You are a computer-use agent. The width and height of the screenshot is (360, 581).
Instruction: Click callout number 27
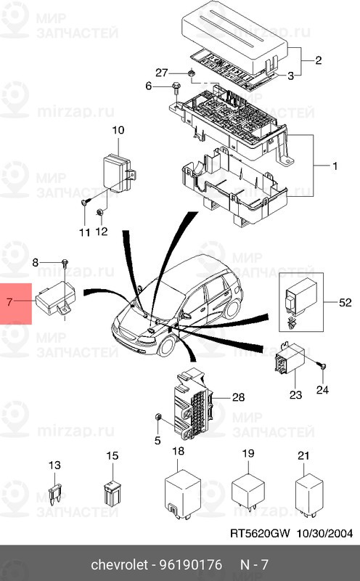161,72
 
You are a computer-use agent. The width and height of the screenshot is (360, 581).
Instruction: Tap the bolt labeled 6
176,89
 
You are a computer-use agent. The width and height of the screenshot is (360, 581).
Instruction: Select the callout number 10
118,130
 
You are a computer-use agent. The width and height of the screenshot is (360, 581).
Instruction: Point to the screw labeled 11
85,202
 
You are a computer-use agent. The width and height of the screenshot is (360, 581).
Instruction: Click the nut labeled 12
99,212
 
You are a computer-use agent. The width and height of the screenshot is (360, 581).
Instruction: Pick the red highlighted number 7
9,301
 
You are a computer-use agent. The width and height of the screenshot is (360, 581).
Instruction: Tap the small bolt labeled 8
65,262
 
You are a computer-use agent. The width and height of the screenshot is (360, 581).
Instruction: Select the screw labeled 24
322,367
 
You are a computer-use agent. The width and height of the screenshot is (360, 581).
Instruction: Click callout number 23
295,394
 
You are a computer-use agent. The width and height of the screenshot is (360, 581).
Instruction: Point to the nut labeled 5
157,417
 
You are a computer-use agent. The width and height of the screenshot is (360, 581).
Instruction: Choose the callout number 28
238,397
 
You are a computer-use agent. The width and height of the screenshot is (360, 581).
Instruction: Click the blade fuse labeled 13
55,494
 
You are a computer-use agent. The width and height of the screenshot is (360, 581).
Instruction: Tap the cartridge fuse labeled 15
112,493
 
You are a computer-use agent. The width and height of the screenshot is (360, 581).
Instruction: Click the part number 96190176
190,565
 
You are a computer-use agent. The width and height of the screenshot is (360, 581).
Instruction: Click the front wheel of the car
166,346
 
